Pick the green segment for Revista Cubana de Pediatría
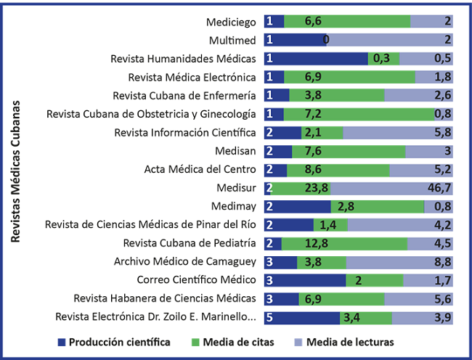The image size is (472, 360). (x=344, y=243)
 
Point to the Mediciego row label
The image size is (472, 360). (x=231, y=22)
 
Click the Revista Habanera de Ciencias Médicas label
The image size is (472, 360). (x=165, y=298)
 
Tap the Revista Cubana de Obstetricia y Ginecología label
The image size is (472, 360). (x=151, y=114)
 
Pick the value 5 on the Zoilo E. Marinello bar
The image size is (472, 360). (x=269, y=317)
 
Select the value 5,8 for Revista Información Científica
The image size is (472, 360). (x=444, y=133)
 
